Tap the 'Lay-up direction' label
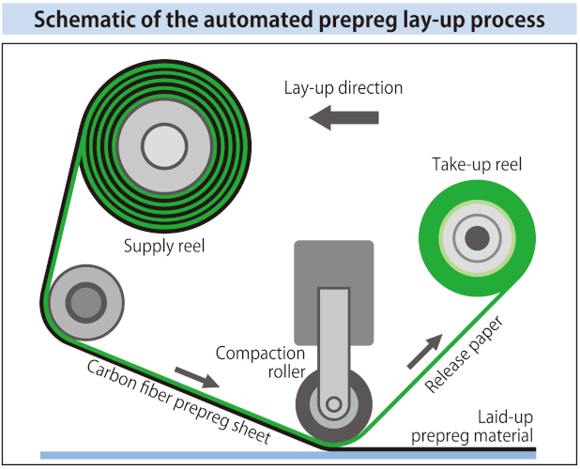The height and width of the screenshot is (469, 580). point(343,88)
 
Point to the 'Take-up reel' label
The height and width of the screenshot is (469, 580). point(476,165)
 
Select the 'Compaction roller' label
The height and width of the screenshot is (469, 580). point(260,363)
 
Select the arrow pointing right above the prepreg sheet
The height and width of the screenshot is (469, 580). point(198,379)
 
